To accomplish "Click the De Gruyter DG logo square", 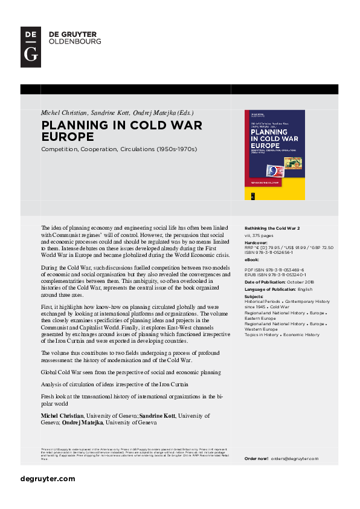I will (x=31, y=47).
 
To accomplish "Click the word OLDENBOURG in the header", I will (x=75, y=42).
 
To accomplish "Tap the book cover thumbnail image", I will (x=274, y=155).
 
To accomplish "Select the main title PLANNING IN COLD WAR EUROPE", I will (x=121, y=131).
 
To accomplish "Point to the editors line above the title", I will (x=117, y=113).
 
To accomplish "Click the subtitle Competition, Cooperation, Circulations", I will (x=119, y=149).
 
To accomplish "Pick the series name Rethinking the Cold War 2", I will (x=272, y=228).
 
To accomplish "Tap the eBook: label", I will (x=253, y=259).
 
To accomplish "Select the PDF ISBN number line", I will (x=274, y=269).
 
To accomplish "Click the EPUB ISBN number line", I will (x=275, y=275).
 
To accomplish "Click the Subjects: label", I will (x=254, y=296).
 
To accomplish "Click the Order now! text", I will (x=256, y=459).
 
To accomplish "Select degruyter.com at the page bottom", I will (x=48, y=479).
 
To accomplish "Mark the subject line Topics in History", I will (x=260, y=334).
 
